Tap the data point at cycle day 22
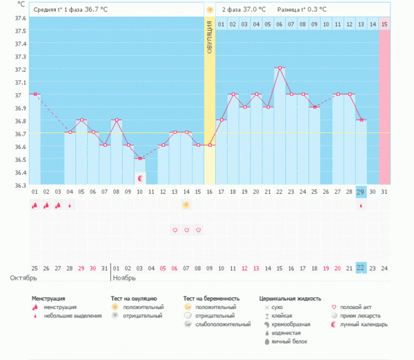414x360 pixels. [x=279, y=68]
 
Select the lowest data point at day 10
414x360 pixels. [x=139, y=159]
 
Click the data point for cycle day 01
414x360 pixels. [x=34, y=94]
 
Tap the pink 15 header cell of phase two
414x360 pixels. [x=384, y=24]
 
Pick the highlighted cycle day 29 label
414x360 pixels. [x=361, y=192]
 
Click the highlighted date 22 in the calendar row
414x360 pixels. [x=361, y=268]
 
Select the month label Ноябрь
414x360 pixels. [x=124, y=278]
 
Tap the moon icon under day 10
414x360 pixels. [x=139, y=179]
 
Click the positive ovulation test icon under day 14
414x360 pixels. [x=186, y=205]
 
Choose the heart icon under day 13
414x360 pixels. [x=175, y=230]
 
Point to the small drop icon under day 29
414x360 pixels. [x=361, y=206]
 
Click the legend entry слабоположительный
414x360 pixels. [x=222, y=324]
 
